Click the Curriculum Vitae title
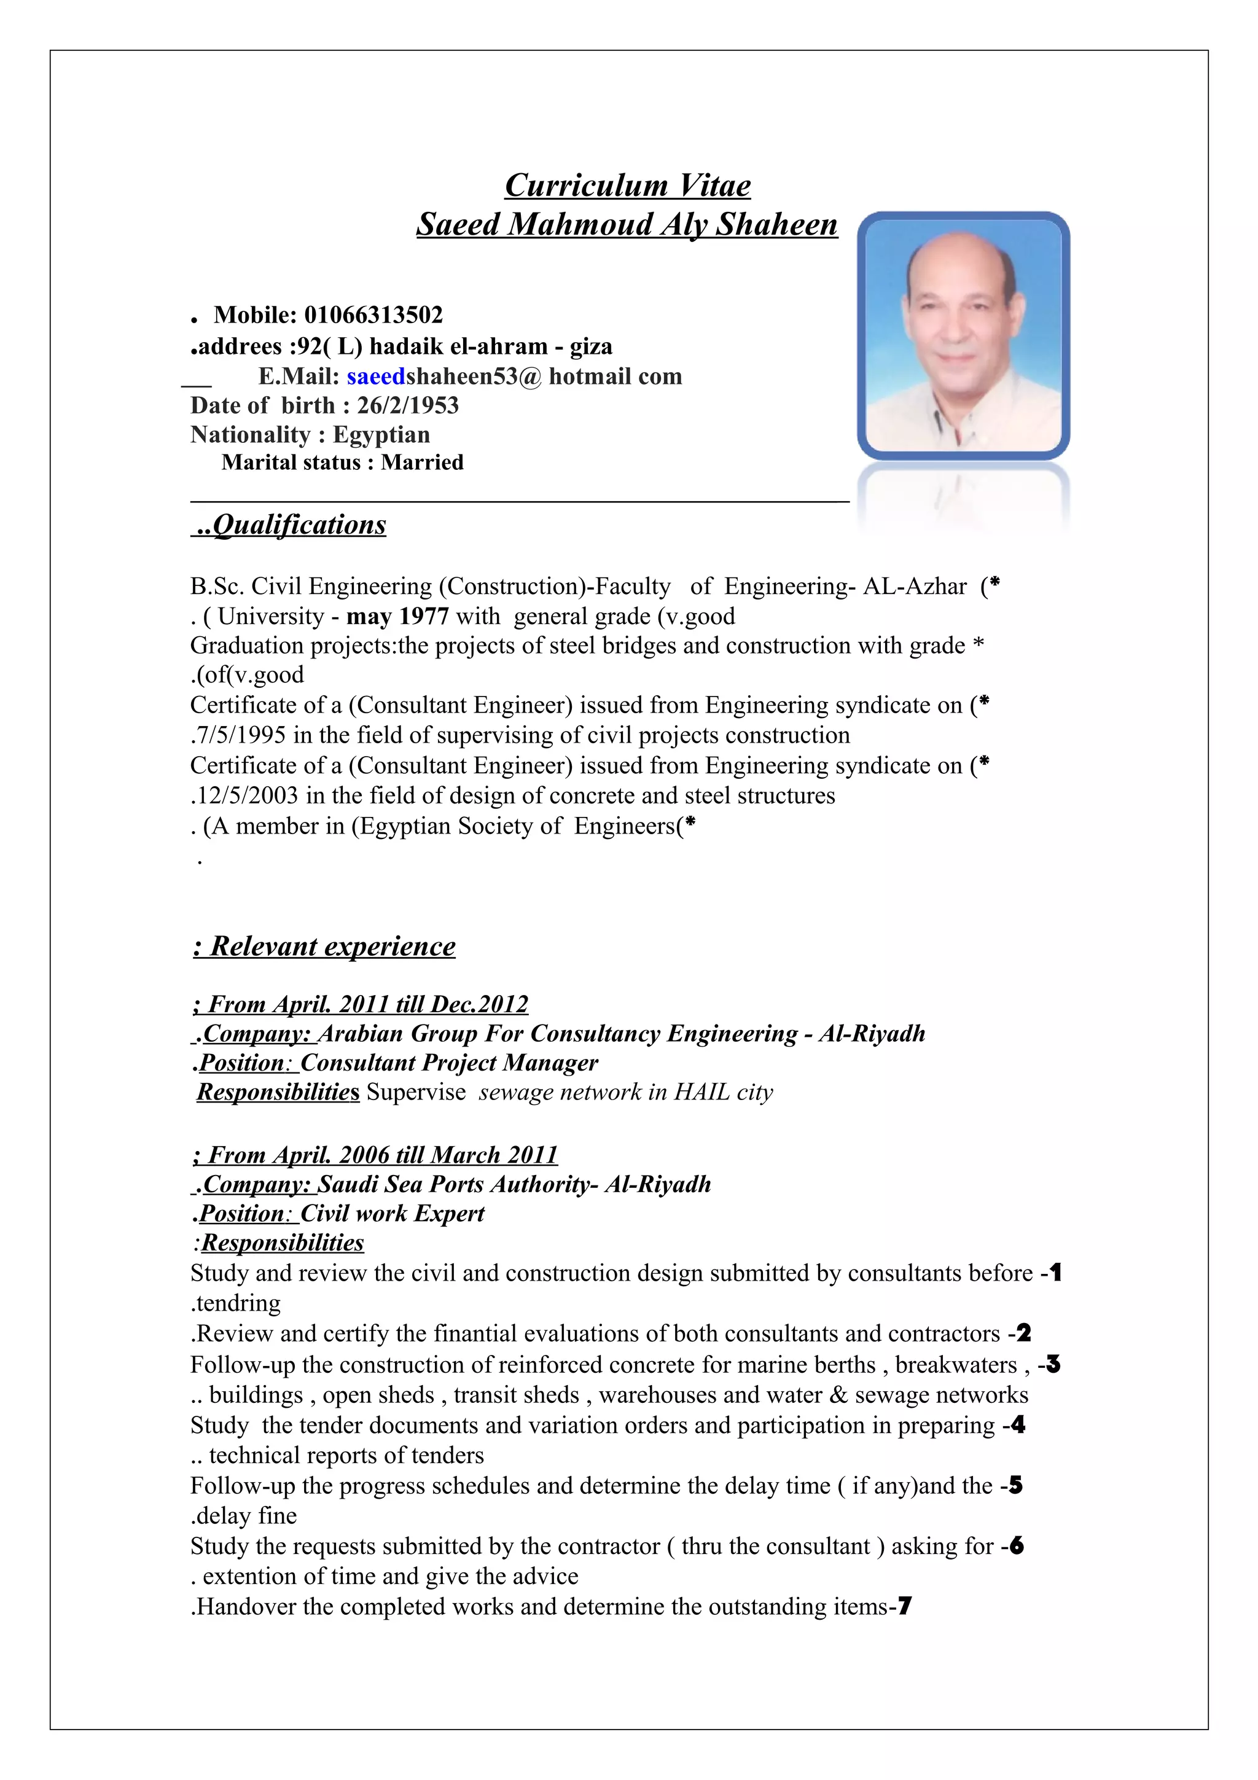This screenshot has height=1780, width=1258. [x=627, y=185]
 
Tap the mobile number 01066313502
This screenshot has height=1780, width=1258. [x=373, y=314]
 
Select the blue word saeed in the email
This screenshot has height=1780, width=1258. [x=376, y=376]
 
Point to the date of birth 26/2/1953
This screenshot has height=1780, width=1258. [x=408, y=405]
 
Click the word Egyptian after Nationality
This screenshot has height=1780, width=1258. [x=381, y=434]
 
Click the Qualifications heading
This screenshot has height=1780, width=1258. [x=299, y=525]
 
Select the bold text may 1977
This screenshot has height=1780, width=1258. [x=397, y=616]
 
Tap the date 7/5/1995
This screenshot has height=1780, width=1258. [x=240, y=735]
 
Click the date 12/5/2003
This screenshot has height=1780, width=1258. [x=246, y=795]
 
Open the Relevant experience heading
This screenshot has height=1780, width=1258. [x=332, y=946]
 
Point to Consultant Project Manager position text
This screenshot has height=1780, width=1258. [x=450, y=1062]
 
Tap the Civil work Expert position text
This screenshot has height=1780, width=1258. [x=393, y=1213]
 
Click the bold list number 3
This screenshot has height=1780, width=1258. [x=1053, y=1364]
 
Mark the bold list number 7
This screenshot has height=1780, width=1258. [x=905, y=1606]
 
